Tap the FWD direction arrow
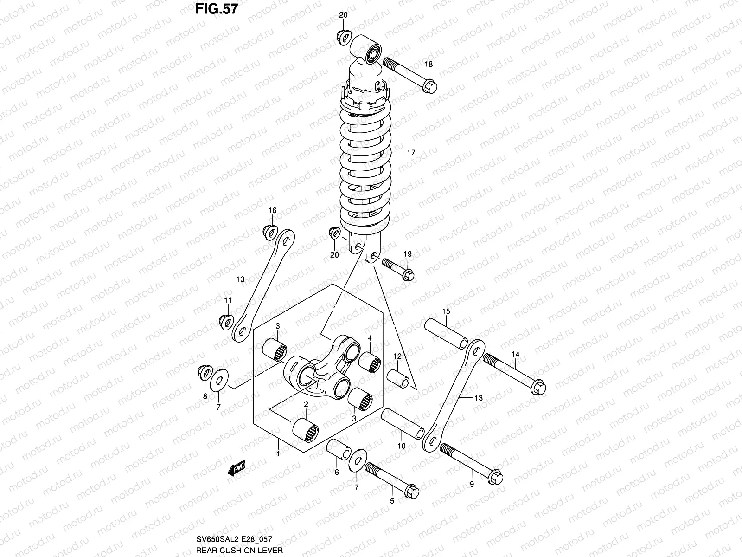[236, 470]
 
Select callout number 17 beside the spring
[411, 153]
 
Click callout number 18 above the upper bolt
[429, 64]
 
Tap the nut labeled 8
[203, 372]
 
